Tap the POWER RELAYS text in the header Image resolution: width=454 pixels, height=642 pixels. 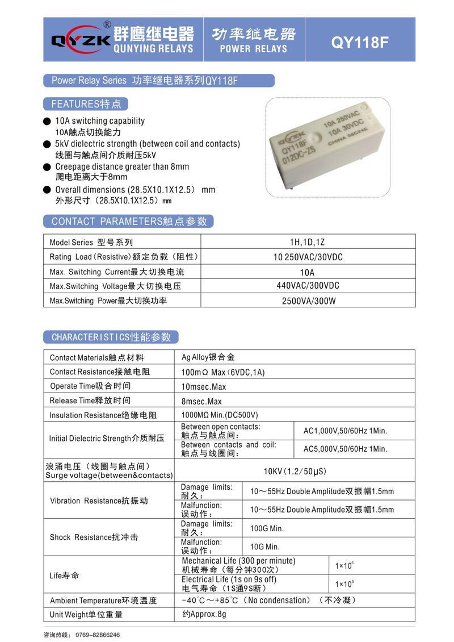pos(254,49)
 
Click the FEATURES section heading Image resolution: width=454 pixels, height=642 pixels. pos(86,104)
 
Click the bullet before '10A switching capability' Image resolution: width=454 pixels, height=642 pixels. pos(47,121)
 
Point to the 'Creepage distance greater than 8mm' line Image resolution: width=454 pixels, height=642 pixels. pos(122,166)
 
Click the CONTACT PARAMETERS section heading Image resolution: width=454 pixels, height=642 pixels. pos(129,221)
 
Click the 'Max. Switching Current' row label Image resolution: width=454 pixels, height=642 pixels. pos(116,272)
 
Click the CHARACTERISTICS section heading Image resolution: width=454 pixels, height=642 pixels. pos(111,337)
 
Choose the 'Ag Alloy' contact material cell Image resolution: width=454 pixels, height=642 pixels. pos(208,357)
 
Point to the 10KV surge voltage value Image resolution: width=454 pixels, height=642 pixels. pos(295,472)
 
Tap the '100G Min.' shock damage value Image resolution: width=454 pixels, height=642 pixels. pos(267,528)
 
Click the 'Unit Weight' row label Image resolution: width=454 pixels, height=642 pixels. pos(86,614)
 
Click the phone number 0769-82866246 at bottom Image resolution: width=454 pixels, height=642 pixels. pos(97,635)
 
